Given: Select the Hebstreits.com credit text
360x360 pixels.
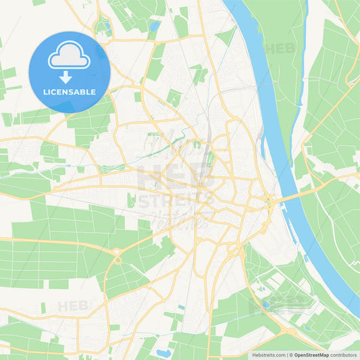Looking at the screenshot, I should pyautogui.click(x=266, y=355).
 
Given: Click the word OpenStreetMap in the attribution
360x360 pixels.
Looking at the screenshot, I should pyautogui.click(x=312, y=355).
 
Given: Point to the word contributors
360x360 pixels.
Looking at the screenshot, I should pyautogui.click(x=344, y=355).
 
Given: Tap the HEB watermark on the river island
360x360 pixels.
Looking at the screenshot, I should pyautogui.click(x=280, y=49).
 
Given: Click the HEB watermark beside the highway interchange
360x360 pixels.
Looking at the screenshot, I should pyautogui.click(x=73, y=305).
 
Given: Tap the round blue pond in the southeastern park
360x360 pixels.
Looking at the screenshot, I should pyautogui.click(x=266, y=304).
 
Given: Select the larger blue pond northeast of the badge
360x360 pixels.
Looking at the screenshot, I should pyautogui.click(x=155, y=27).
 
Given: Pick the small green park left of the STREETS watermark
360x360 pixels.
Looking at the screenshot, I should pyautogui.click(x=130, y=200).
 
